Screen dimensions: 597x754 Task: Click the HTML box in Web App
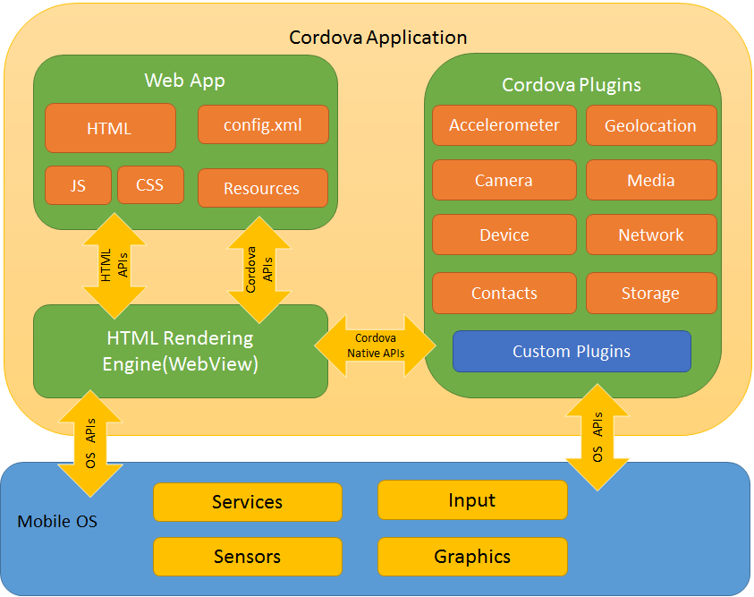pyautogui.click(x=110, y=128)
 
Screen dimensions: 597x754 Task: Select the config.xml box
pyautogui.click(x=263, y=124)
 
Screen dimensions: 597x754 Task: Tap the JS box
pyautogui.click(x=78, y=185)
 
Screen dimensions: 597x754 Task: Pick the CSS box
pyautogui.click(x=150, y=185)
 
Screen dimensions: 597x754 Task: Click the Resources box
pyautogui.click(x=262, y=188)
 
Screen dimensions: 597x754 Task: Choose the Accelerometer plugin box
pyautogui.click(x=504, y=125)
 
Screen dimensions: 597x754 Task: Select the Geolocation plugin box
pyautogui.click(x=651, y=125)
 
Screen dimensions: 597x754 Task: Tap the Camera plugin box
pyautogui.click(x=504, y=180)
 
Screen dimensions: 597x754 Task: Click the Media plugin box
pyautogui.click(x=651, y=180)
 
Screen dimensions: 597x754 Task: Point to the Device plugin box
pyautogui.click(x=504, y=235)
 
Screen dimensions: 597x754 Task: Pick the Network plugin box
pyautogui.click(x=651, y=235)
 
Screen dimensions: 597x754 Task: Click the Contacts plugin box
pyautogui.click(x=504, y=293)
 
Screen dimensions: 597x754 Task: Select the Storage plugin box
pyautogui.click(x=651, y=293)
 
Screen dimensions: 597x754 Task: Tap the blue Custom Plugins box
pyautogui.click(x=572, y=351)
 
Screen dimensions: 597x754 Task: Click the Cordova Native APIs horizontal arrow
pyautogui.click(x=376, y=345)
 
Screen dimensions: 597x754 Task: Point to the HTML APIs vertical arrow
pyautogui.click(x=114, y=266)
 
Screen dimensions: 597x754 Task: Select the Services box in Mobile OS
pyautogui.click(x=248, y=502)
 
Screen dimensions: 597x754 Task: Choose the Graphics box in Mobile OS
pyautogui.click(x=472, y=557)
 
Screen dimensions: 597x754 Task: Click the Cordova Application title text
pyautogui.click(x=377, y=38)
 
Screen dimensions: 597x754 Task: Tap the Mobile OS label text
pyautogui.click(x=58, y=521)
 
